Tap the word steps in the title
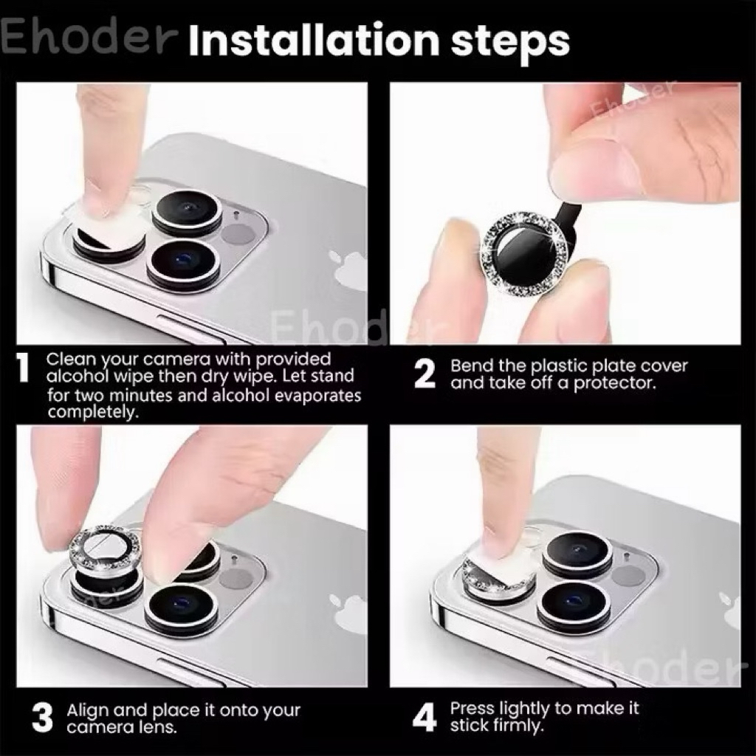pyautogui.click(x=510, y=42)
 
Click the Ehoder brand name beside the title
pyautogui.click(x=88, y=37)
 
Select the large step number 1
pyautogui.click(x=23, y=369)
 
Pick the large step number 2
pyautogui.click(x=425, y=374)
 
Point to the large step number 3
pyautogui.click(x=42, y=718)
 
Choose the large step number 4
pyautogui.click(x=425, y=716)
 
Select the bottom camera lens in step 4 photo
pyautogui.click(x=574, y=605)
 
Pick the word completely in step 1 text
pyautogui.click(x=93, y=413)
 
